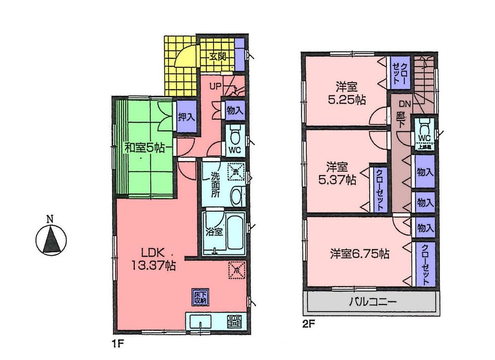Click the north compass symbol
[x=50, y=239]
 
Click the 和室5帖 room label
[x=143, y=147]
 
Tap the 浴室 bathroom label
[x=214, y=231]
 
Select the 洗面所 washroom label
[x=214, y=185]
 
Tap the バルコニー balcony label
[x=371, y=301]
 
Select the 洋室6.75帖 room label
[x=360, y=254]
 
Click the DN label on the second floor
[x=405, y=104]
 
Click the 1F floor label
[x=115, y=342]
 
